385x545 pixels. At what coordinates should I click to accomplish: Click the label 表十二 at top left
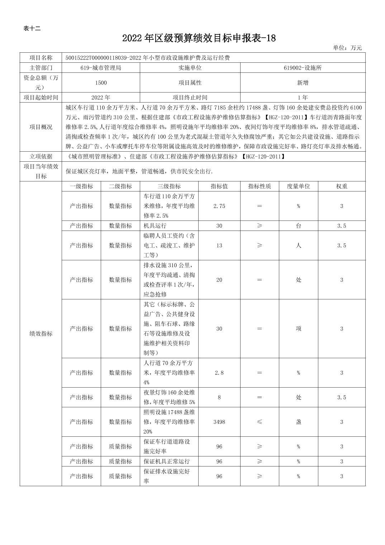tap(32, 29)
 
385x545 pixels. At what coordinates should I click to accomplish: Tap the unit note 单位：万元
tap(347, 48)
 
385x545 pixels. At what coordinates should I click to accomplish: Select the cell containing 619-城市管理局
tap(101, 68)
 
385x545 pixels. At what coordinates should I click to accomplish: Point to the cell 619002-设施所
tap(303, 68)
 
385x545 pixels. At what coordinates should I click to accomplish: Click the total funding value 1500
tap(101, 83)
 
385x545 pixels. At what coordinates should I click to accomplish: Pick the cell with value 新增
tap(303, 83)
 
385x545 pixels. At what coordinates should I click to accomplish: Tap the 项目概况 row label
tap(41, 127)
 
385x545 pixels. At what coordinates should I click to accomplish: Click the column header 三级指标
tap(169, 186)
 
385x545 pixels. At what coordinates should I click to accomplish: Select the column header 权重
tap(341, 186)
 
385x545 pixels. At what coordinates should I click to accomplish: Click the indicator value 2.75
tap(219, 206)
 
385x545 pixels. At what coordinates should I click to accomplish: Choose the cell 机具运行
tap(155, 226)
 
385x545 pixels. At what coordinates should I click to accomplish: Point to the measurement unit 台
tap(298, 226)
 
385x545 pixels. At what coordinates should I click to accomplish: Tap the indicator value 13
tap(219, 246)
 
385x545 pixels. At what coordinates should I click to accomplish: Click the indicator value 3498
tap(219, 422)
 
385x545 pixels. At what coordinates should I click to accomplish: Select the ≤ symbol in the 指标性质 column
tap(260, 422)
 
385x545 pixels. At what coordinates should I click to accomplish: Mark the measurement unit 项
tap(298, 329)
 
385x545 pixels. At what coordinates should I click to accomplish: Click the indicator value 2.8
tap(219, 373)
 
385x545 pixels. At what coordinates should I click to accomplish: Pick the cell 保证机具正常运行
tap(167, 461)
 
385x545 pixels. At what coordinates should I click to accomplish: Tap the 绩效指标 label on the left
tap(41, 334)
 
